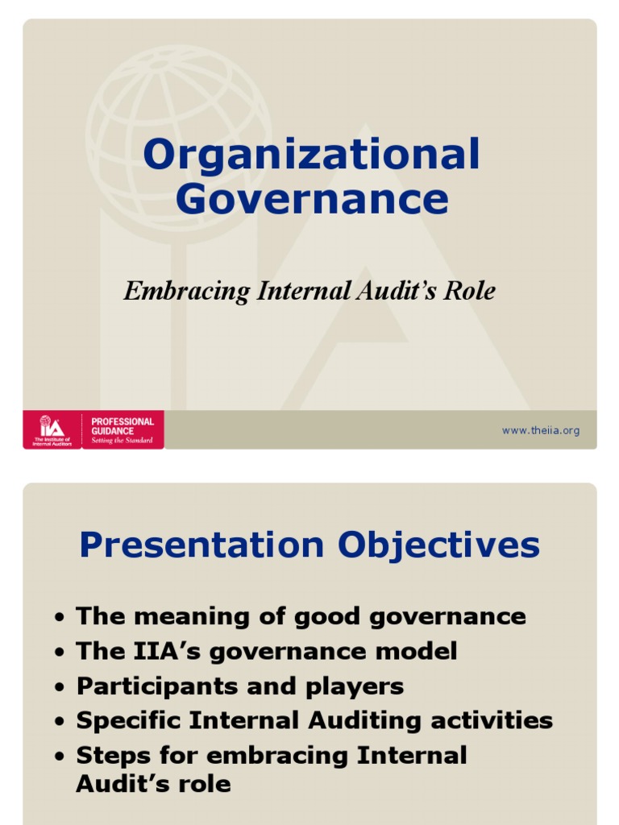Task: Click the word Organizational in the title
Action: point(311,156)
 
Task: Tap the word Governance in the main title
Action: point(311,199)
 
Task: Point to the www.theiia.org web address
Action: point(540,431)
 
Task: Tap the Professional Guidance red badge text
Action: point(123,430)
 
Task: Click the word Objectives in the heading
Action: point(439,545)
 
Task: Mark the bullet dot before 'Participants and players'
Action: point(60,688)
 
